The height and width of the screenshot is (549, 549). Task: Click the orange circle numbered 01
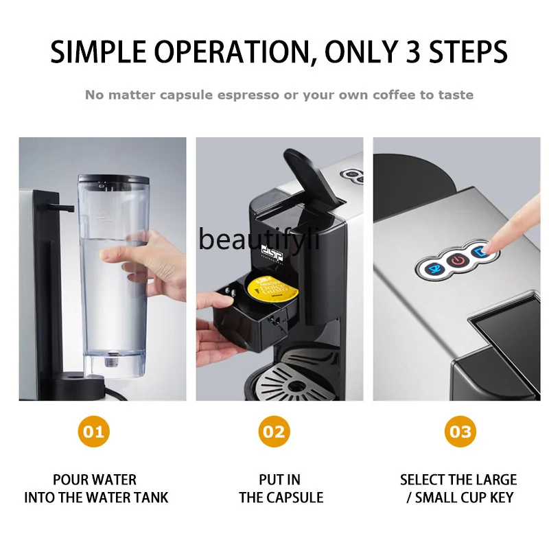95,432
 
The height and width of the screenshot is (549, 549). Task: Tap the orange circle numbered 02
275,432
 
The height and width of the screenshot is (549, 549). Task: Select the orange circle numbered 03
459,432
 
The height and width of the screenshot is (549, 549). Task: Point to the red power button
456,261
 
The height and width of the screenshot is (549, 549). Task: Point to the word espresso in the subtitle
247,95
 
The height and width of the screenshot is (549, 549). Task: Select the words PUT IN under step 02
279,480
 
